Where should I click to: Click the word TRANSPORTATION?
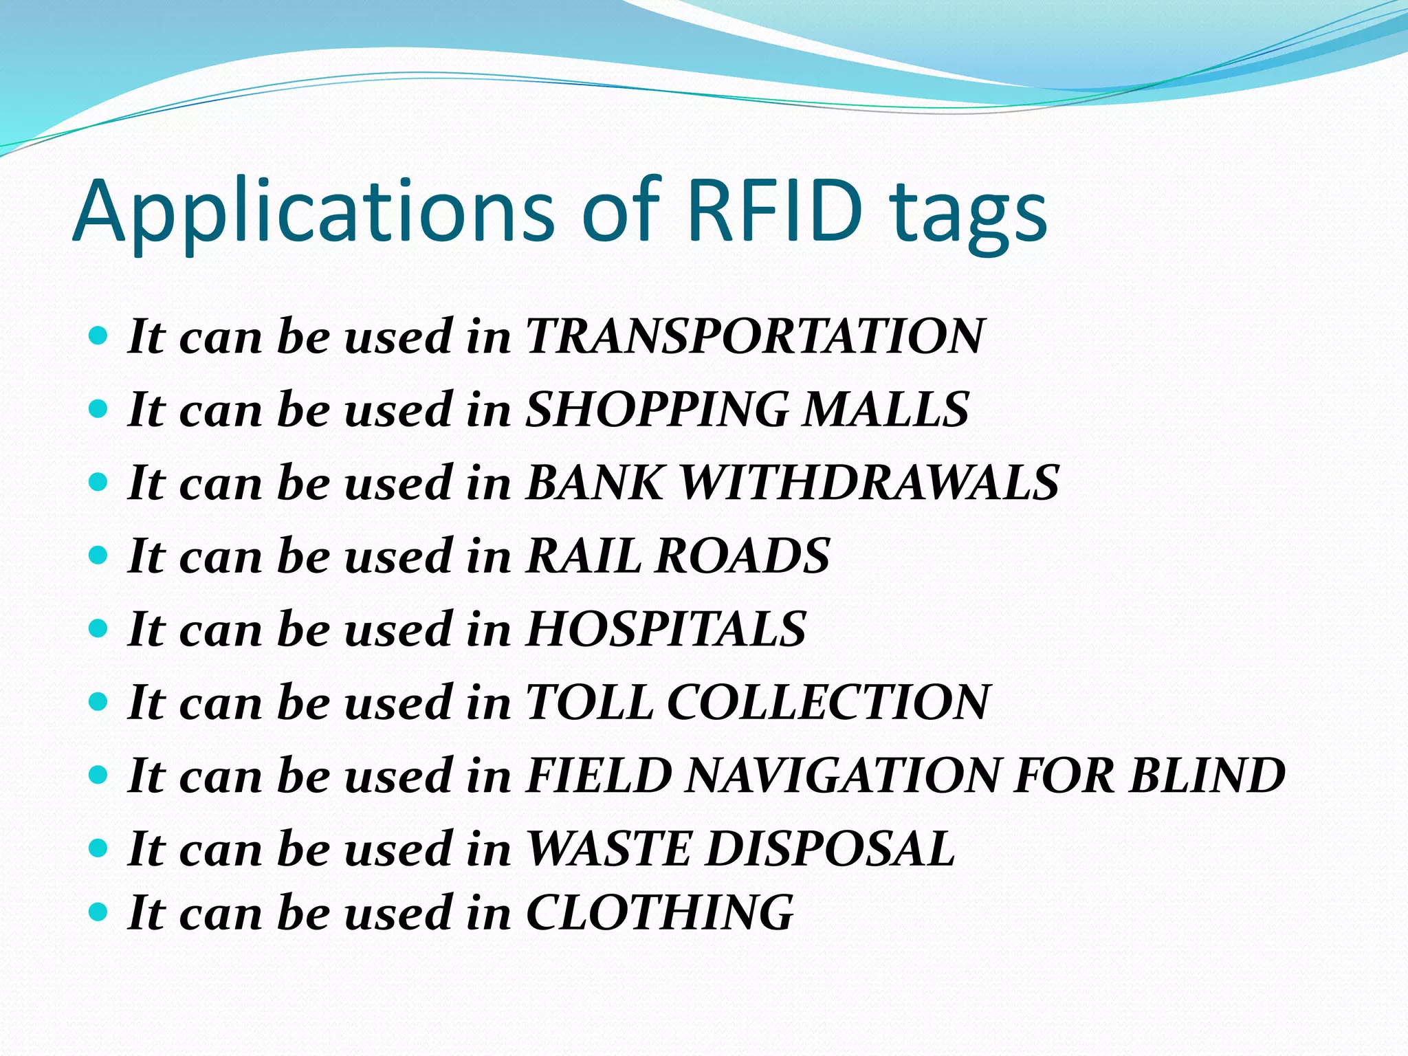[755, 336]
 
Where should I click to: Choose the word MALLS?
[886, 409]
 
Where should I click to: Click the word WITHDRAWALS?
[869, 482]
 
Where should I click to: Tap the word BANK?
[595, 482]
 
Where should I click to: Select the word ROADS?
[742, 555]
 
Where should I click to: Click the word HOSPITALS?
[665, 628]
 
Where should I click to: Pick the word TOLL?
[589, 702]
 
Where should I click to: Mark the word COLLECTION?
[828, 702]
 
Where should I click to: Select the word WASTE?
[608, 848]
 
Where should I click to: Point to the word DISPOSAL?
[830, 848]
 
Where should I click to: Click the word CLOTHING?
[659, 912]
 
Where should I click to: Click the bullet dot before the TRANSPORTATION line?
[99, 335]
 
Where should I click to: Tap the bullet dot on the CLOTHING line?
[99, 912]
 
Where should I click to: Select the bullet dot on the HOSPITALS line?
[99, 628]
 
